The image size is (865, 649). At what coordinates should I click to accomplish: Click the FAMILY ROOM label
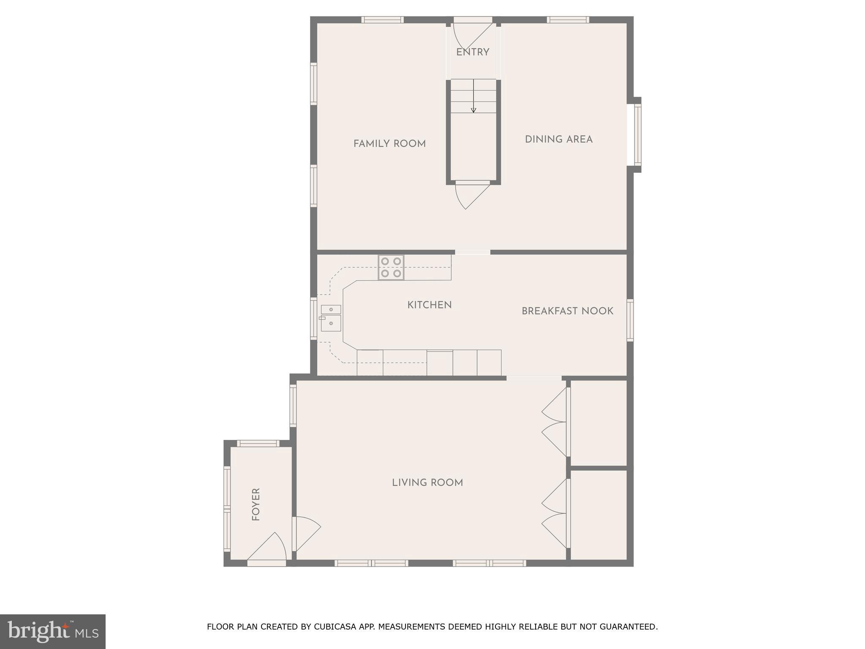(389, 144)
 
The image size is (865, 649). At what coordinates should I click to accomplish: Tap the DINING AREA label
(558, 139)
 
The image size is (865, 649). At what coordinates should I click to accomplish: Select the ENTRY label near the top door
(473, 52)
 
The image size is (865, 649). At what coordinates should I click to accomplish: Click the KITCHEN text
(429, 305)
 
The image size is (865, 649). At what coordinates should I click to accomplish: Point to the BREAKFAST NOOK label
(567, 311)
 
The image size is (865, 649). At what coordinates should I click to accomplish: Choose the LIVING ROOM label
(427, 483)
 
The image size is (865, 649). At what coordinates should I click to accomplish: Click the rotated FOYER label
(256, 504)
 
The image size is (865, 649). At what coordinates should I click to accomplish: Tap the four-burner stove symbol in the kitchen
(391, 267)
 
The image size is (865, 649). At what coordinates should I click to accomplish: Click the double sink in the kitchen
(331, 318)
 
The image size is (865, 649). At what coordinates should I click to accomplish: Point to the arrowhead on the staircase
(473, 111)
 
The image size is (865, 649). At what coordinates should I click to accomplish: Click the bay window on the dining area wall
(637, 135)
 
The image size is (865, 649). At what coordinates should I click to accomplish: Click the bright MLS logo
(53, 631)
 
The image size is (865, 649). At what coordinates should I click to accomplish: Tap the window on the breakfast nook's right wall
(630, 320)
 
